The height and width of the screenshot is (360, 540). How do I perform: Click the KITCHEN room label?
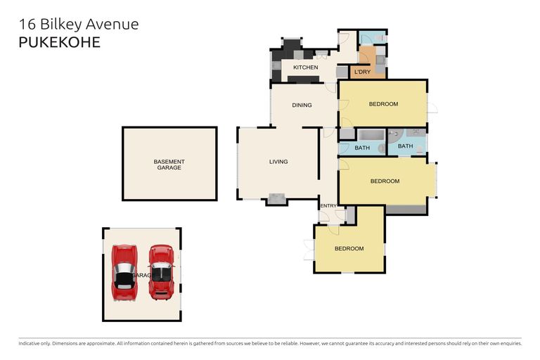pyautogui.click(x=306, y=67)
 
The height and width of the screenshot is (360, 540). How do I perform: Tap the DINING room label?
pyautogui.click(x=302, y=105)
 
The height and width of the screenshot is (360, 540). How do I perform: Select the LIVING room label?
pyautogui.click(x=278, y=162)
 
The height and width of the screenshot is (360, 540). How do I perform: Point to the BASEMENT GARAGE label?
pyautogui.click(x=169, y=165)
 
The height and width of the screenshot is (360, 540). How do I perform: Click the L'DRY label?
pyautogui.click(x=362, y=72)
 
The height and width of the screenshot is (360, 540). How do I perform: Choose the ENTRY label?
pyautogui.click(x=328, y=206)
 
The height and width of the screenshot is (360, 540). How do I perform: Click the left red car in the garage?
pyautogui.click(x=124, y=271)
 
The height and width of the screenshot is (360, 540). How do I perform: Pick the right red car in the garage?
pyautogui.click(x=161, y=271)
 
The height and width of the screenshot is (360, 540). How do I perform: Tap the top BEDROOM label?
pyautogui.click(x=383, y=104)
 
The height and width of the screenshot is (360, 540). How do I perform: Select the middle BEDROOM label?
pyautogui.click(x=385, y=181)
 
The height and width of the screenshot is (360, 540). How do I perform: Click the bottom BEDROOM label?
pyautogui.click(x=349, y=249)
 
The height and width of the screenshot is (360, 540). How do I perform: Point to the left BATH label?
pyautogui.click(x=362, y=148)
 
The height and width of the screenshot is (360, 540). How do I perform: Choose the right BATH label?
pyautogui.click(x=406, y=146)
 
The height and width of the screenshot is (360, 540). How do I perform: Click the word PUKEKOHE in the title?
pyautogui.click(x=59, y=42)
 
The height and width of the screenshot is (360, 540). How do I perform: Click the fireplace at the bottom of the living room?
pyautogui.click(x=277, y=199)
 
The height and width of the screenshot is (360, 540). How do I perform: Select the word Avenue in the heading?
pyautogui.click(x=113, y=24)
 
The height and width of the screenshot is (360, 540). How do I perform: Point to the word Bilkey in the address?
pyautogui.click(x=61, y=24)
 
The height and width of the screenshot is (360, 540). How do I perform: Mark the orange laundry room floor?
pyautogui.click(x=366, y=59)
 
